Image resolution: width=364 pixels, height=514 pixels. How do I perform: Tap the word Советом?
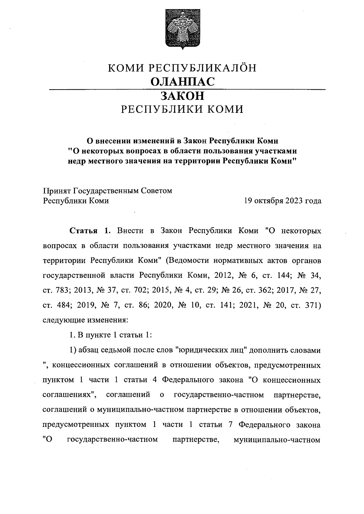(x=157, y=191)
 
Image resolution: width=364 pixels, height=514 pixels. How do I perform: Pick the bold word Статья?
(x=83, y=231)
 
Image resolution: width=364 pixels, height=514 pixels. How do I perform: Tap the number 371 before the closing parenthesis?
(x=312, y=305)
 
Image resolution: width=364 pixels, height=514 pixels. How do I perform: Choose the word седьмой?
(x=115, y=350)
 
